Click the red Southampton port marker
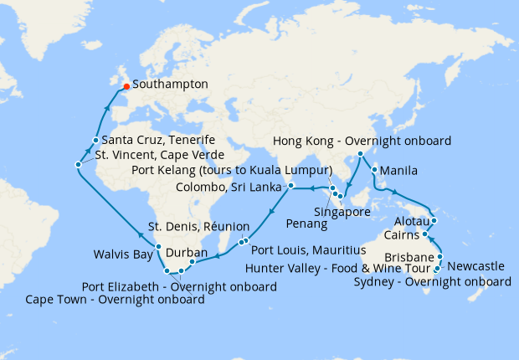tap(126, 85)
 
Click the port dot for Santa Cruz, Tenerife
tap(97, 140)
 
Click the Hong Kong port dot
tap(360, 154)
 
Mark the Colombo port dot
tap(290, 185)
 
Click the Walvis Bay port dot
tap(158, 246)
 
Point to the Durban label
tap(188, 252)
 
